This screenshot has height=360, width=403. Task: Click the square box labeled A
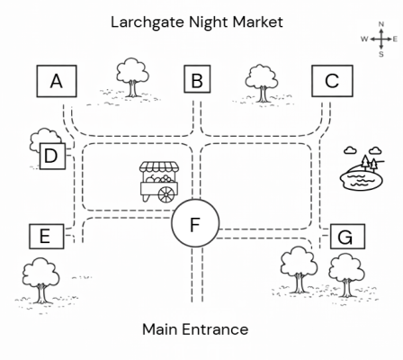click(x=57, y=81)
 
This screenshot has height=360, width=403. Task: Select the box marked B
click(x=197, y=79)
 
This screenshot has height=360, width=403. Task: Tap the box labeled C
click(x=332, y=81)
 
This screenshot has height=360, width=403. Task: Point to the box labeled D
click(x=52, y=156)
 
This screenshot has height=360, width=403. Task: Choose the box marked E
click(x=47, y=237)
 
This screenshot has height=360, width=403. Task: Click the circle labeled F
click(x=195, y=223)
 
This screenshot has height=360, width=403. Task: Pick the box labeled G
click(x=348, y=237)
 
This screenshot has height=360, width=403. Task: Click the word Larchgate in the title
click(x=148, y=22)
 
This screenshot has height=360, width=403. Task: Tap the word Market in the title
click(x=258, y=22)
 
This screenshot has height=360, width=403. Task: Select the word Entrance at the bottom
click(x=215, y=329)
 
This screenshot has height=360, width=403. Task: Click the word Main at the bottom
click(x=160, y=329)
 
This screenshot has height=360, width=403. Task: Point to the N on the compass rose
click(x=381, y=24)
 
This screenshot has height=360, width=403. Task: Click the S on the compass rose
click(x=381, y=54)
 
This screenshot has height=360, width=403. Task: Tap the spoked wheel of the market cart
click(x=166, y=194)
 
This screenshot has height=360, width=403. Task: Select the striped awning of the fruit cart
click(x=159, y=167)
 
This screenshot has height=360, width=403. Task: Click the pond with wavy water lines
click(x=362, y=179)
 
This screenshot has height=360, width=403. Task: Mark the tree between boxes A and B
click(x=132, y=77)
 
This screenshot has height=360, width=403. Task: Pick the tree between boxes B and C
click(x=262, y=83)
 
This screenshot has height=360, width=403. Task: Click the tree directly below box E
click(x=40, y=281)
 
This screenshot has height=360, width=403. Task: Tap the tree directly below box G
click(x=347, y=275)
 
